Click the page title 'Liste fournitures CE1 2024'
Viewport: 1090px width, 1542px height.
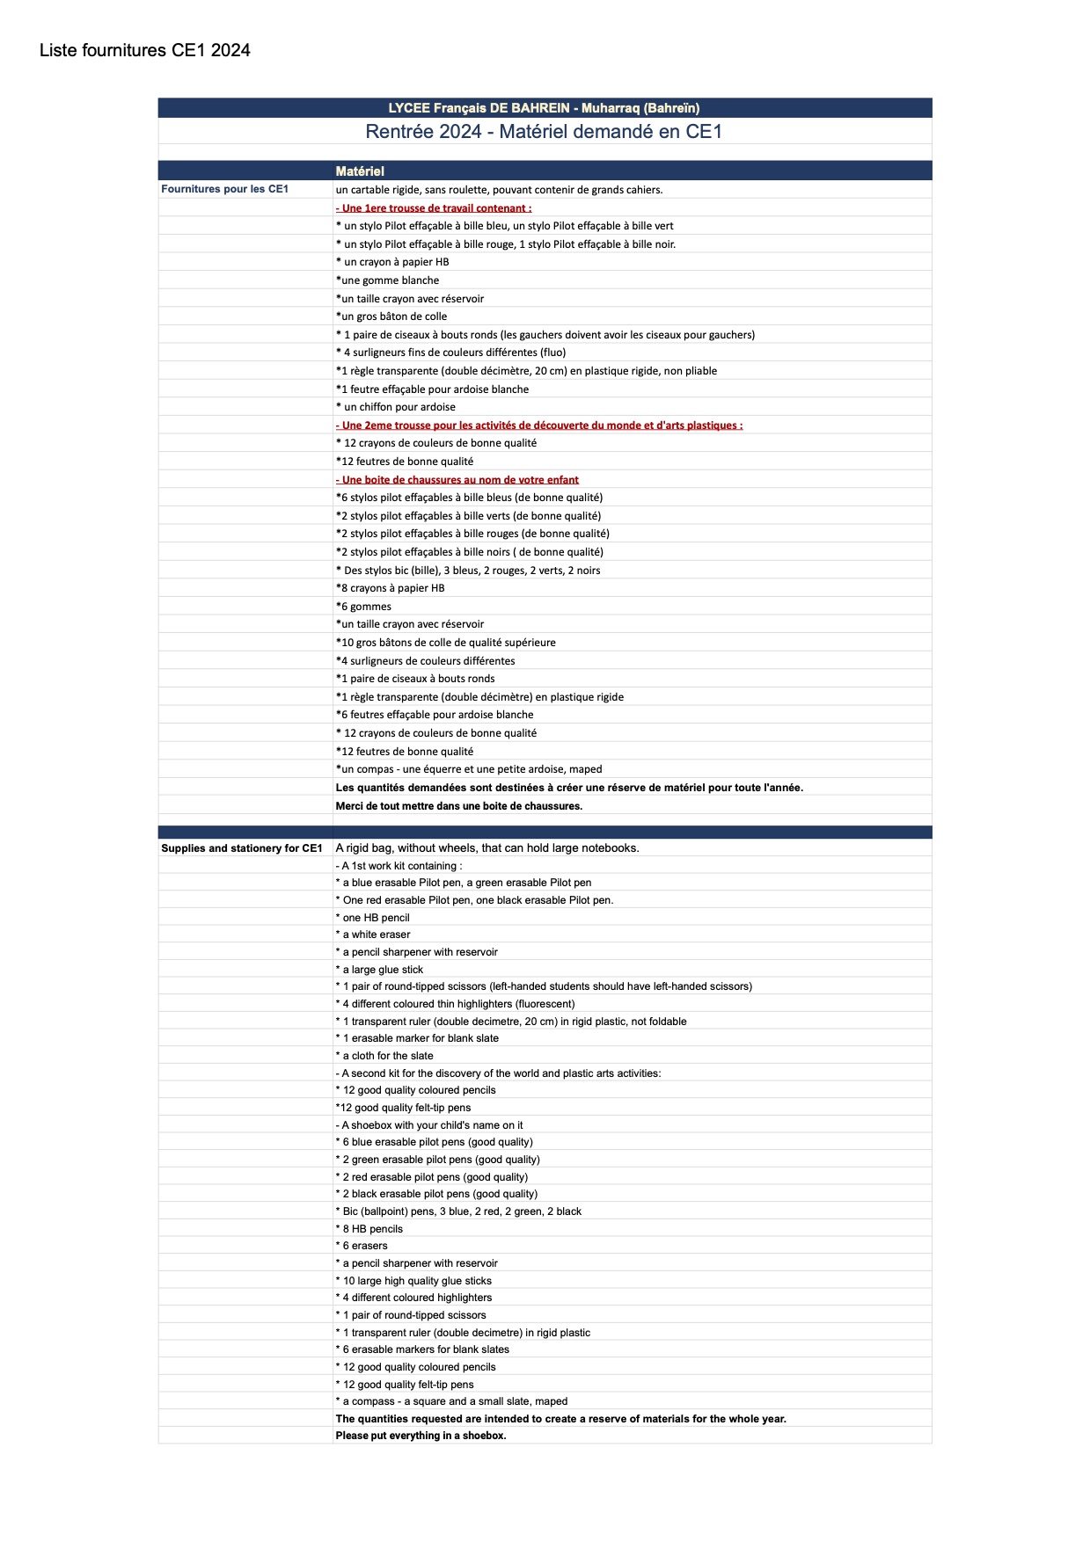click(145, 51)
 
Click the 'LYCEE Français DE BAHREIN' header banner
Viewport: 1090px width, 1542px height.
click(544, 108)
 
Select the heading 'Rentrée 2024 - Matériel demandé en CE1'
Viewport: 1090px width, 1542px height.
click(544, 132)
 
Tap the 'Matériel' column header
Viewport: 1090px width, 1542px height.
click(360, 171)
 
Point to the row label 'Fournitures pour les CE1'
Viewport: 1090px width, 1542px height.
click(225, 189)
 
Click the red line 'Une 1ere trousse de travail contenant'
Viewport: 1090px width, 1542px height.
click(434, 208)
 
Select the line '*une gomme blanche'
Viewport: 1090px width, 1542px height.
click(388, 280)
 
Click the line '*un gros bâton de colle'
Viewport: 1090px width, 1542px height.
click(391, 316)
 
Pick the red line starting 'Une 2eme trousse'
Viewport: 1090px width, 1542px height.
click(539, 426)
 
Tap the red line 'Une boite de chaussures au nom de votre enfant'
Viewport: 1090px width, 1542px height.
click(457, 480)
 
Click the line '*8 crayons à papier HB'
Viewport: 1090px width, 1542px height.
click(391, 588)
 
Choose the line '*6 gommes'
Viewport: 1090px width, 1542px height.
click(364, 607)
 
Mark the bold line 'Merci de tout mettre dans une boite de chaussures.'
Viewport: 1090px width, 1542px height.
click(459, 806)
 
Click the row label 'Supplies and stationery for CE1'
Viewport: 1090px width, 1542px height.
click(242, 848)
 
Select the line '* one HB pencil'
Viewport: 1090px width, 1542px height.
click(373, 918)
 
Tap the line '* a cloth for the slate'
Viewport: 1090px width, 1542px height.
click(384, 1056)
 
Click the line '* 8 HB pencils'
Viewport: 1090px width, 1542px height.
click(369, 1229)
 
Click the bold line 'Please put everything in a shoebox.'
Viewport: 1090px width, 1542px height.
click(421, 1436)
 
